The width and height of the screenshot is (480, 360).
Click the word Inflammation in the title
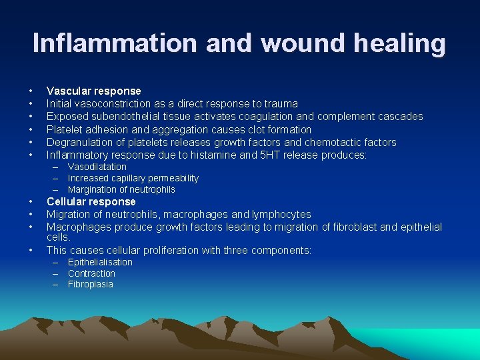pyautogui.click(x=115, y=43)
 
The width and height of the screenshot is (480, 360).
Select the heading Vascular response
pyautogui.click(x=93, y=91)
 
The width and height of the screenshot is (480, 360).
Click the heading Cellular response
pyautogui.click(x=91, y=201)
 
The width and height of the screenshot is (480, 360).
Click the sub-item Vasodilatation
pyautogui.click(x=97, y=167)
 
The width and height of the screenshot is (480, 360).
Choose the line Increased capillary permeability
pyautogui.click(x=133, y=178)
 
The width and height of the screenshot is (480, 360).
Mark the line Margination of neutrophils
pyautogui.click(x=121, y=189)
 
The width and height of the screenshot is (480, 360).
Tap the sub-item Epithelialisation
pyautogui.click(x=100, y=262)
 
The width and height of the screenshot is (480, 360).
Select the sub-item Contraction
pyautogui.click(x=91, y=273)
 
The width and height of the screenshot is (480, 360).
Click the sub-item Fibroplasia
pyautogui.click(x=90, y=284)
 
